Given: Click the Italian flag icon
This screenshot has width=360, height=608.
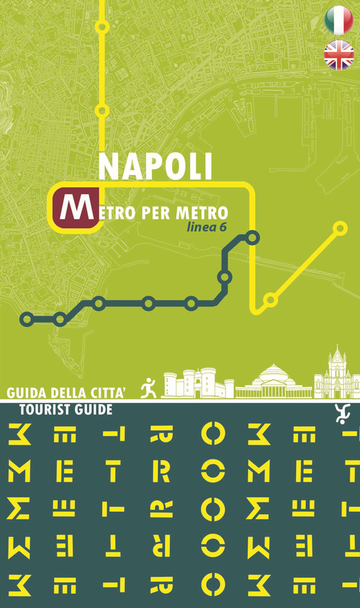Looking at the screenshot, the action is [x=338, y=20].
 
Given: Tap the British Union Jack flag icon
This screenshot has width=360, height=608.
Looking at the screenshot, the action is [x=338, y=55].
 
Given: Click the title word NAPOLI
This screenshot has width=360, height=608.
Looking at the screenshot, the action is [x=155, y=166].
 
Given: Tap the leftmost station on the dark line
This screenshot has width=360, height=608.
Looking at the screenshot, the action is [x=27, y=318].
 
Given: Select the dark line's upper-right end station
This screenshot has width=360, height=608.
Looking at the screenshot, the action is [x=253, y=236].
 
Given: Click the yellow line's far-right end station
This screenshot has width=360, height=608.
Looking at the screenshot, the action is [x=341, y=228].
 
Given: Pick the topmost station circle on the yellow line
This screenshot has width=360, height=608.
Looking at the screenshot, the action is [x=102, y=27].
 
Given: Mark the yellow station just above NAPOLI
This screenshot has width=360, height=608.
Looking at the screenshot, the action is [x=102, y=111].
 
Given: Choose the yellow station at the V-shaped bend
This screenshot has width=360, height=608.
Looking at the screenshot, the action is [x=271, y=299].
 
